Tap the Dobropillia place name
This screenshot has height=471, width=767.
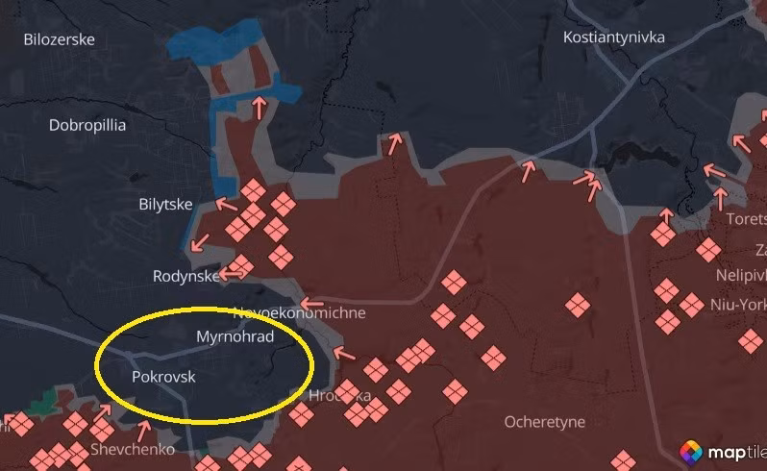point(87,125)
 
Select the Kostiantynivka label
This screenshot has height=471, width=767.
point(614,37)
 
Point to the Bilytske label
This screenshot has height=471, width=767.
point(165,205)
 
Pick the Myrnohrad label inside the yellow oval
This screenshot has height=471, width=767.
point(235,336)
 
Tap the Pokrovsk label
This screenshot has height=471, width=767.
point(163,377)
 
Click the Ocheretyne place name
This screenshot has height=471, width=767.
point(544,421)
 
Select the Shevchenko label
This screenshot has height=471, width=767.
point(133,449)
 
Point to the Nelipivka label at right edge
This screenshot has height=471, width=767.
point(741,275)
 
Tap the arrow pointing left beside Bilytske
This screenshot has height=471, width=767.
point(226,204)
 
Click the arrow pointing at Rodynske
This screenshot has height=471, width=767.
point(231,274)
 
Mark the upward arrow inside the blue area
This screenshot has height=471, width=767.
point(258,106)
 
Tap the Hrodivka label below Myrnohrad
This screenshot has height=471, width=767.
point(339,395)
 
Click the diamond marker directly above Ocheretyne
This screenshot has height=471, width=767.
point(493,358)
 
